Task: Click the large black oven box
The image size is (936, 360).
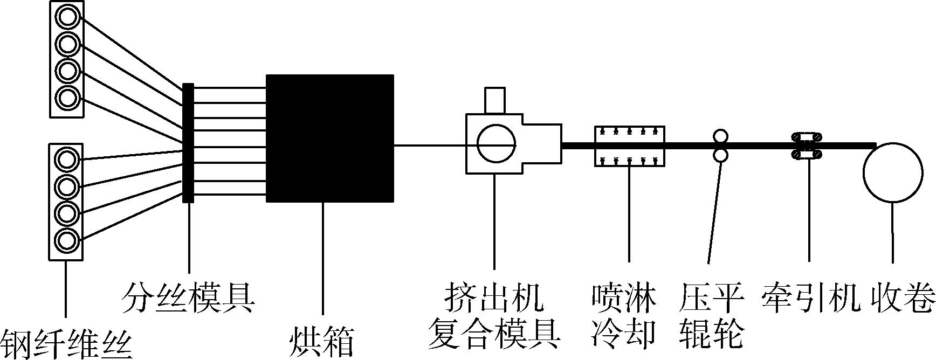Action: (330, 139)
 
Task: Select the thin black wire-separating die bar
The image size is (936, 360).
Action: (188, 143)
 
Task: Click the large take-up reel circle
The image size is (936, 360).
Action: (893, 172)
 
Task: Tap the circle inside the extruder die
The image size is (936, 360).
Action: (496, 143)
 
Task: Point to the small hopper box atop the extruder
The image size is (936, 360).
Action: (495, 100)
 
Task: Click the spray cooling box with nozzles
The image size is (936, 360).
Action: (629, 146)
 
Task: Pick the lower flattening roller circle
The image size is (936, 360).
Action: (720, 156)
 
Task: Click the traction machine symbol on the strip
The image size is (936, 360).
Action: (806, 146)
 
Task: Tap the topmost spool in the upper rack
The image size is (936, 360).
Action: (67, 17)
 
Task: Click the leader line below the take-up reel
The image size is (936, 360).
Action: (893, 232)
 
